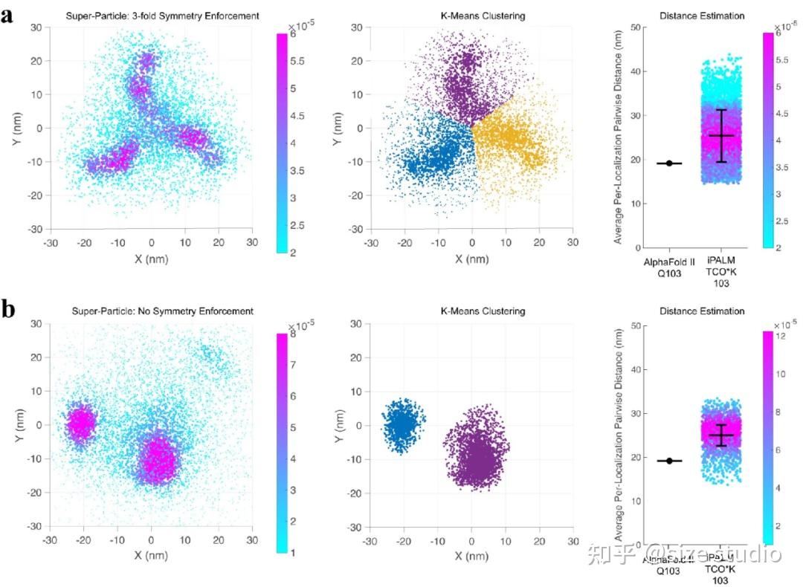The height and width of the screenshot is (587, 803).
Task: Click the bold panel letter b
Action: click(x=9, y=308)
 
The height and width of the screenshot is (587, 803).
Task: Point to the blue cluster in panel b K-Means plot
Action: click(x=402, y=424)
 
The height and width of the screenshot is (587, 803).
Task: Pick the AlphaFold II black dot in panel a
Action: click(x=669, y=163)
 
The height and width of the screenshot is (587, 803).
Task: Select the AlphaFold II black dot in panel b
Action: click(x=669, y=461)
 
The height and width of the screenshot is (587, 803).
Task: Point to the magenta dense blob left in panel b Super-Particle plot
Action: click(x=80, y=423)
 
